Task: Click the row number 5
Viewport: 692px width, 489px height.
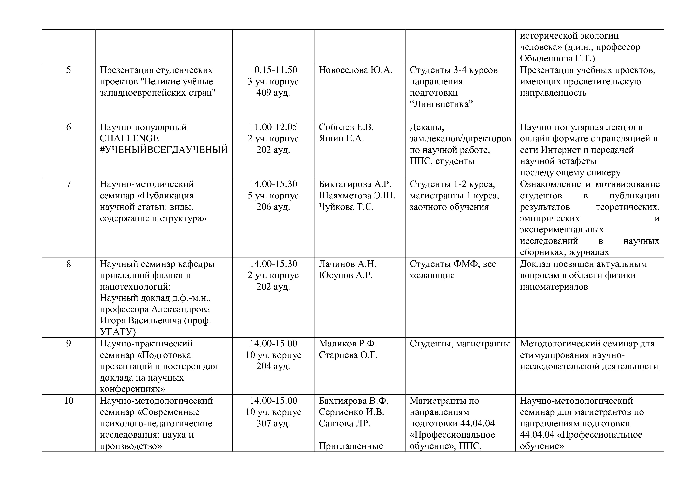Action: (68, 70)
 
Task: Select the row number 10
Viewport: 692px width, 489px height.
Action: (68, 401)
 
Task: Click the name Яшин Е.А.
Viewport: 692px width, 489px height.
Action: (341, 139)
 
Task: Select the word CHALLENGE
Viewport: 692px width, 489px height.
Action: (129, 139)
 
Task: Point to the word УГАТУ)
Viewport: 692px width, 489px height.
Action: (118, 332)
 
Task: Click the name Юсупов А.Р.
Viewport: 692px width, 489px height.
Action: (346, 275)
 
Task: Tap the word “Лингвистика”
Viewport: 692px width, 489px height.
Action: (441, 104)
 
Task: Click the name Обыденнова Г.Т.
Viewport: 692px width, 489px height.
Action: (557, 58)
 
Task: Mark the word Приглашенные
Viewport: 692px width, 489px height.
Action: (351, 446)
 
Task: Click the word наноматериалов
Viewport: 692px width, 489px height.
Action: (554, 287)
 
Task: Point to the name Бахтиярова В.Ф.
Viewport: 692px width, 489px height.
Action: (353, 401)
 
